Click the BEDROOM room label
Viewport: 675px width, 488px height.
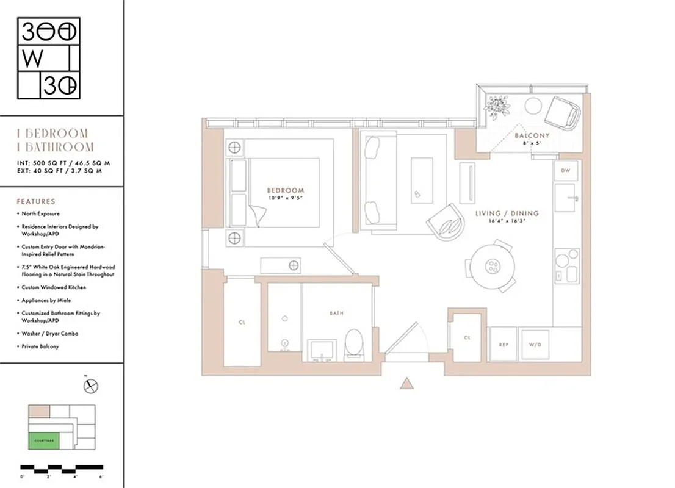[285, 190]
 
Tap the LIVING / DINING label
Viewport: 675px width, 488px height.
[507, 213]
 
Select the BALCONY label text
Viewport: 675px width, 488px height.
[532, 135]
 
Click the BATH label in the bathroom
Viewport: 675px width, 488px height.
[336, 313]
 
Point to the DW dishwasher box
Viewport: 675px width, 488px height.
[566, 170]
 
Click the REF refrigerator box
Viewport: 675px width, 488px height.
[504, 345]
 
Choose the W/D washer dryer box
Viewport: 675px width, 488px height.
[535, 345]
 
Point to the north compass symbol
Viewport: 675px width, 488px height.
[92, 386]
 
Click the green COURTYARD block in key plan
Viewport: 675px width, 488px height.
[43, 439]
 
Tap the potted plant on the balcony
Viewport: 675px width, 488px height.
[497, 107]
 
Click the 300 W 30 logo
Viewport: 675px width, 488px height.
[48, 59]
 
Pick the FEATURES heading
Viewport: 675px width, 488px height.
[35, 201]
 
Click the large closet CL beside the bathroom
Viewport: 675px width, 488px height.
[242, 321]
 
